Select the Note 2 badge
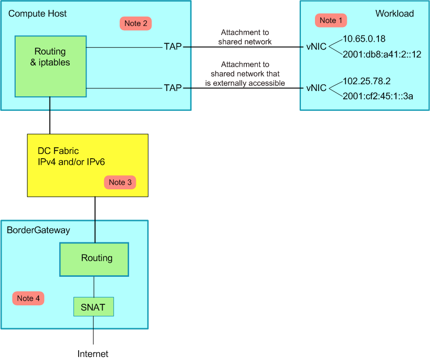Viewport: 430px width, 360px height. pyautogui.click(x=136, y=23)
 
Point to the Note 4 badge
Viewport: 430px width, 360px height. pyautogui.click(x=28, y=298)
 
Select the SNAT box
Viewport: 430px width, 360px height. pyautogui.click(x=93, y=307)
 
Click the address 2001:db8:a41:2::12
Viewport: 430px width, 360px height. pyautogui.click(x=382, y=54)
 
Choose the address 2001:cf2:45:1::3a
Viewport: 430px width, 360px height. pyautogui.click(x=378, y=95)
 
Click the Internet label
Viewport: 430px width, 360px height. pyautogui.click(x=93, y=354)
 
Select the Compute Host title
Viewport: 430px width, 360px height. pyautogui.click(x=37, y=14)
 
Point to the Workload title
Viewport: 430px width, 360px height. pyautogui.click(x=395, y=14)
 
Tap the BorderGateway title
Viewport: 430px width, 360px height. pyautogui.click(x=39, y=229)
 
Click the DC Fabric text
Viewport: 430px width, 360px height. pyautogui.click(x=58, y=151)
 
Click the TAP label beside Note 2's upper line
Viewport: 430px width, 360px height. pyautogui.click(x=173, y=47)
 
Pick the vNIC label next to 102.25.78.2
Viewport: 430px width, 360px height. pyautogui.click(x=317, y=88)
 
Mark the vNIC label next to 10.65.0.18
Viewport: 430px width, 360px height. pyautogui.click(x=317, y=47)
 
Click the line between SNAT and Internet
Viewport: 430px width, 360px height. pyautogui.click(x=93, y=330)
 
